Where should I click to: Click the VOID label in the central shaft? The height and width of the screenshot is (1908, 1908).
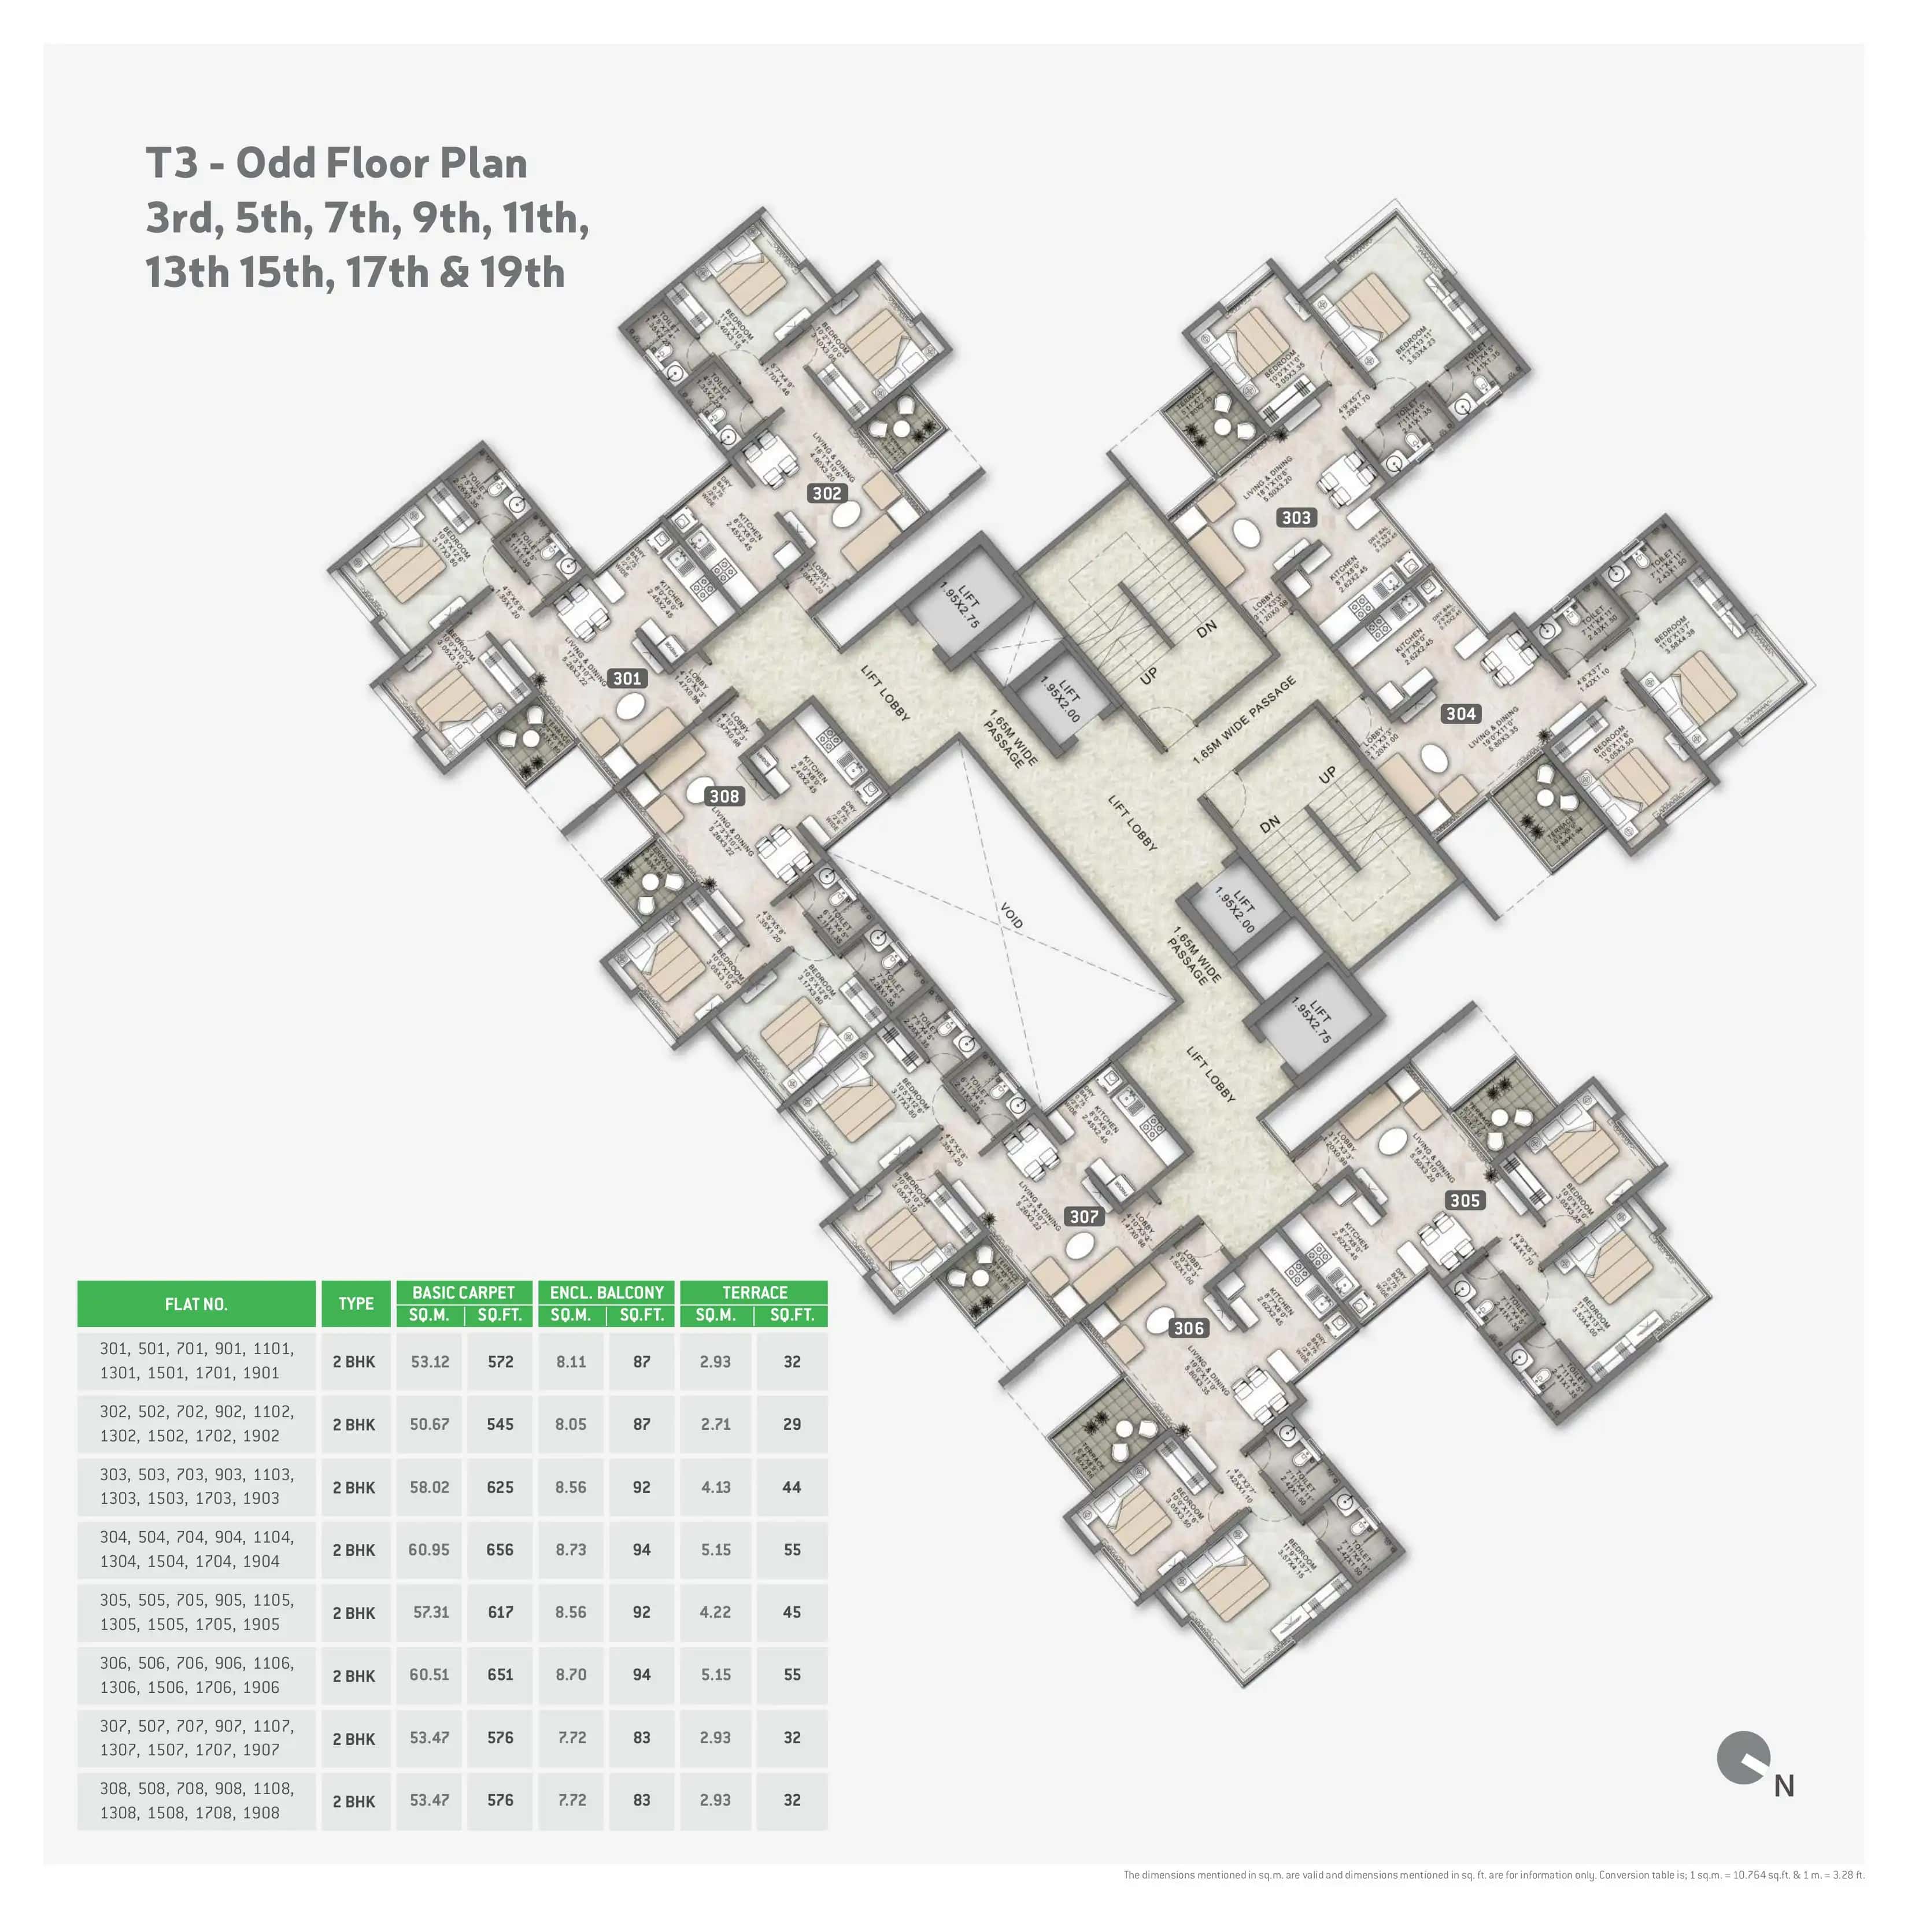[x=1011, y=915]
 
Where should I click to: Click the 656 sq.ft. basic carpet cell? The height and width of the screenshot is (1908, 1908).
[x=500, y=1550]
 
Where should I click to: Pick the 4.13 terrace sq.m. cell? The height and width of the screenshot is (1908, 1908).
[x=715, y=1487]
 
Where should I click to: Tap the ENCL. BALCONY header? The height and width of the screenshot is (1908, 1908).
[x=607, y=1292]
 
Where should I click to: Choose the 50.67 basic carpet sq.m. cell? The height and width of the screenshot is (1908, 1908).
[x=430, y=1424]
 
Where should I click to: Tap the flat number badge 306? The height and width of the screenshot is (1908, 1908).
[x=1188, y=1328]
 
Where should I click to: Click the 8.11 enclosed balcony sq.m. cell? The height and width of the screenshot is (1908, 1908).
[x=571, y=1362]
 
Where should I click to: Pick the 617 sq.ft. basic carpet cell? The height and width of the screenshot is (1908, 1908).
[x=500, y=1613]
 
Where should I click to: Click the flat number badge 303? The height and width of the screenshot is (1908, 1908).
[x=1296, y=517]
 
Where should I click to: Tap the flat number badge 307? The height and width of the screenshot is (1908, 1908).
[x=1084, y=1216]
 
